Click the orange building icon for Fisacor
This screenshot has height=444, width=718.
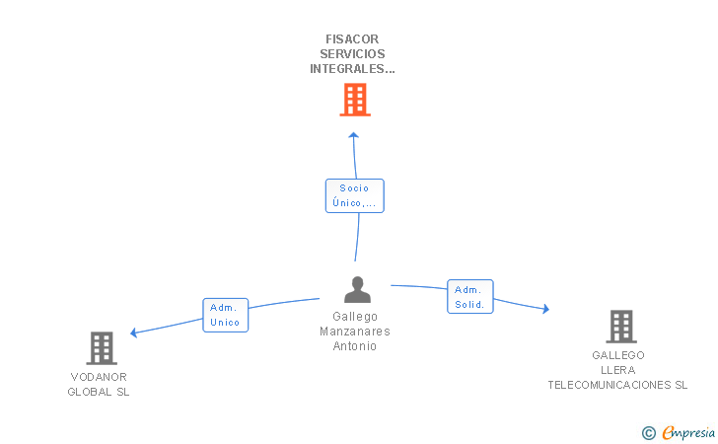click(x=354, y=99)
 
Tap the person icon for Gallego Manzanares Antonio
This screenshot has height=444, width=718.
click(x=357, y=289)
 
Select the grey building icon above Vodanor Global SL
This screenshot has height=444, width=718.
click(x=102, y=347)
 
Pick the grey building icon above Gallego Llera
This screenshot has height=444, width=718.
click(x=620, y=326)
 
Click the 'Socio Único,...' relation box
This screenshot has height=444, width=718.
click(x=354, y=195)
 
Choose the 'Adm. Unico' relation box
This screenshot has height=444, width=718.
click(x=225, y=315)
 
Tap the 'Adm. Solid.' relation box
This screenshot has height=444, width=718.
click(x=469, y=297)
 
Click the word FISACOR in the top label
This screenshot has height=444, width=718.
click(x=352, y=39)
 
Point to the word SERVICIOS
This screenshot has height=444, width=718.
click(x=352, y=54)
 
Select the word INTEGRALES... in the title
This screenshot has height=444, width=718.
click(x=352, y=69)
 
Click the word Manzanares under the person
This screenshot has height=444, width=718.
click(x=355, y=332)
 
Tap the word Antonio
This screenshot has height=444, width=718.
click(x=355, y=346)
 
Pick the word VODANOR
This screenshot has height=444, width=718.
click(x=99, y=377)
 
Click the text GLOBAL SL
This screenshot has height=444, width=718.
click(x=99, y=392)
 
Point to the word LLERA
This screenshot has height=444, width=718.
click(x=618, y=370)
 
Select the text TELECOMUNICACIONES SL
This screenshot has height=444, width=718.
click(x=618, y=385)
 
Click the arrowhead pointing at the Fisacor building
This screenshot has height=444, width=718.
click(x=354, y=135)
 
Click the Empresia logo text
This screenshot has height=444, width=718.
click(x=688, y=432)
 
